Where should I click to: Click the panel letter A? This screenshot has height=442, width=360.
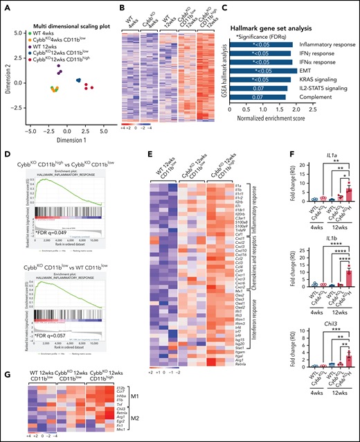tap(5, 6)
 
